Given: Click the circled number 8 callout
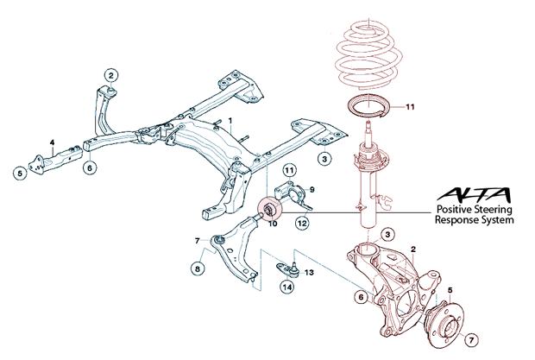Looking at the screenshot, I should (x=198, y=269).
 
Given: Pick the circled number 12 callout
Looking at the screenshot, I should (x=301, y=223).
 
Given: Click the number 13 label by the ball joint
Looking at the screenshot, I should (x=308, y=271).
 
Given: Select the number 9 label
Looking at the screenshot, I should (x=312, y=188).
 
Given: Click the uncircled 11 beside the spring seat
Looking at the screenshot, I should (x=410, y=108).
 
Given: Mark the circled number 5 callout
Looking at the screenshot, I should (x=19, y=173).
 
